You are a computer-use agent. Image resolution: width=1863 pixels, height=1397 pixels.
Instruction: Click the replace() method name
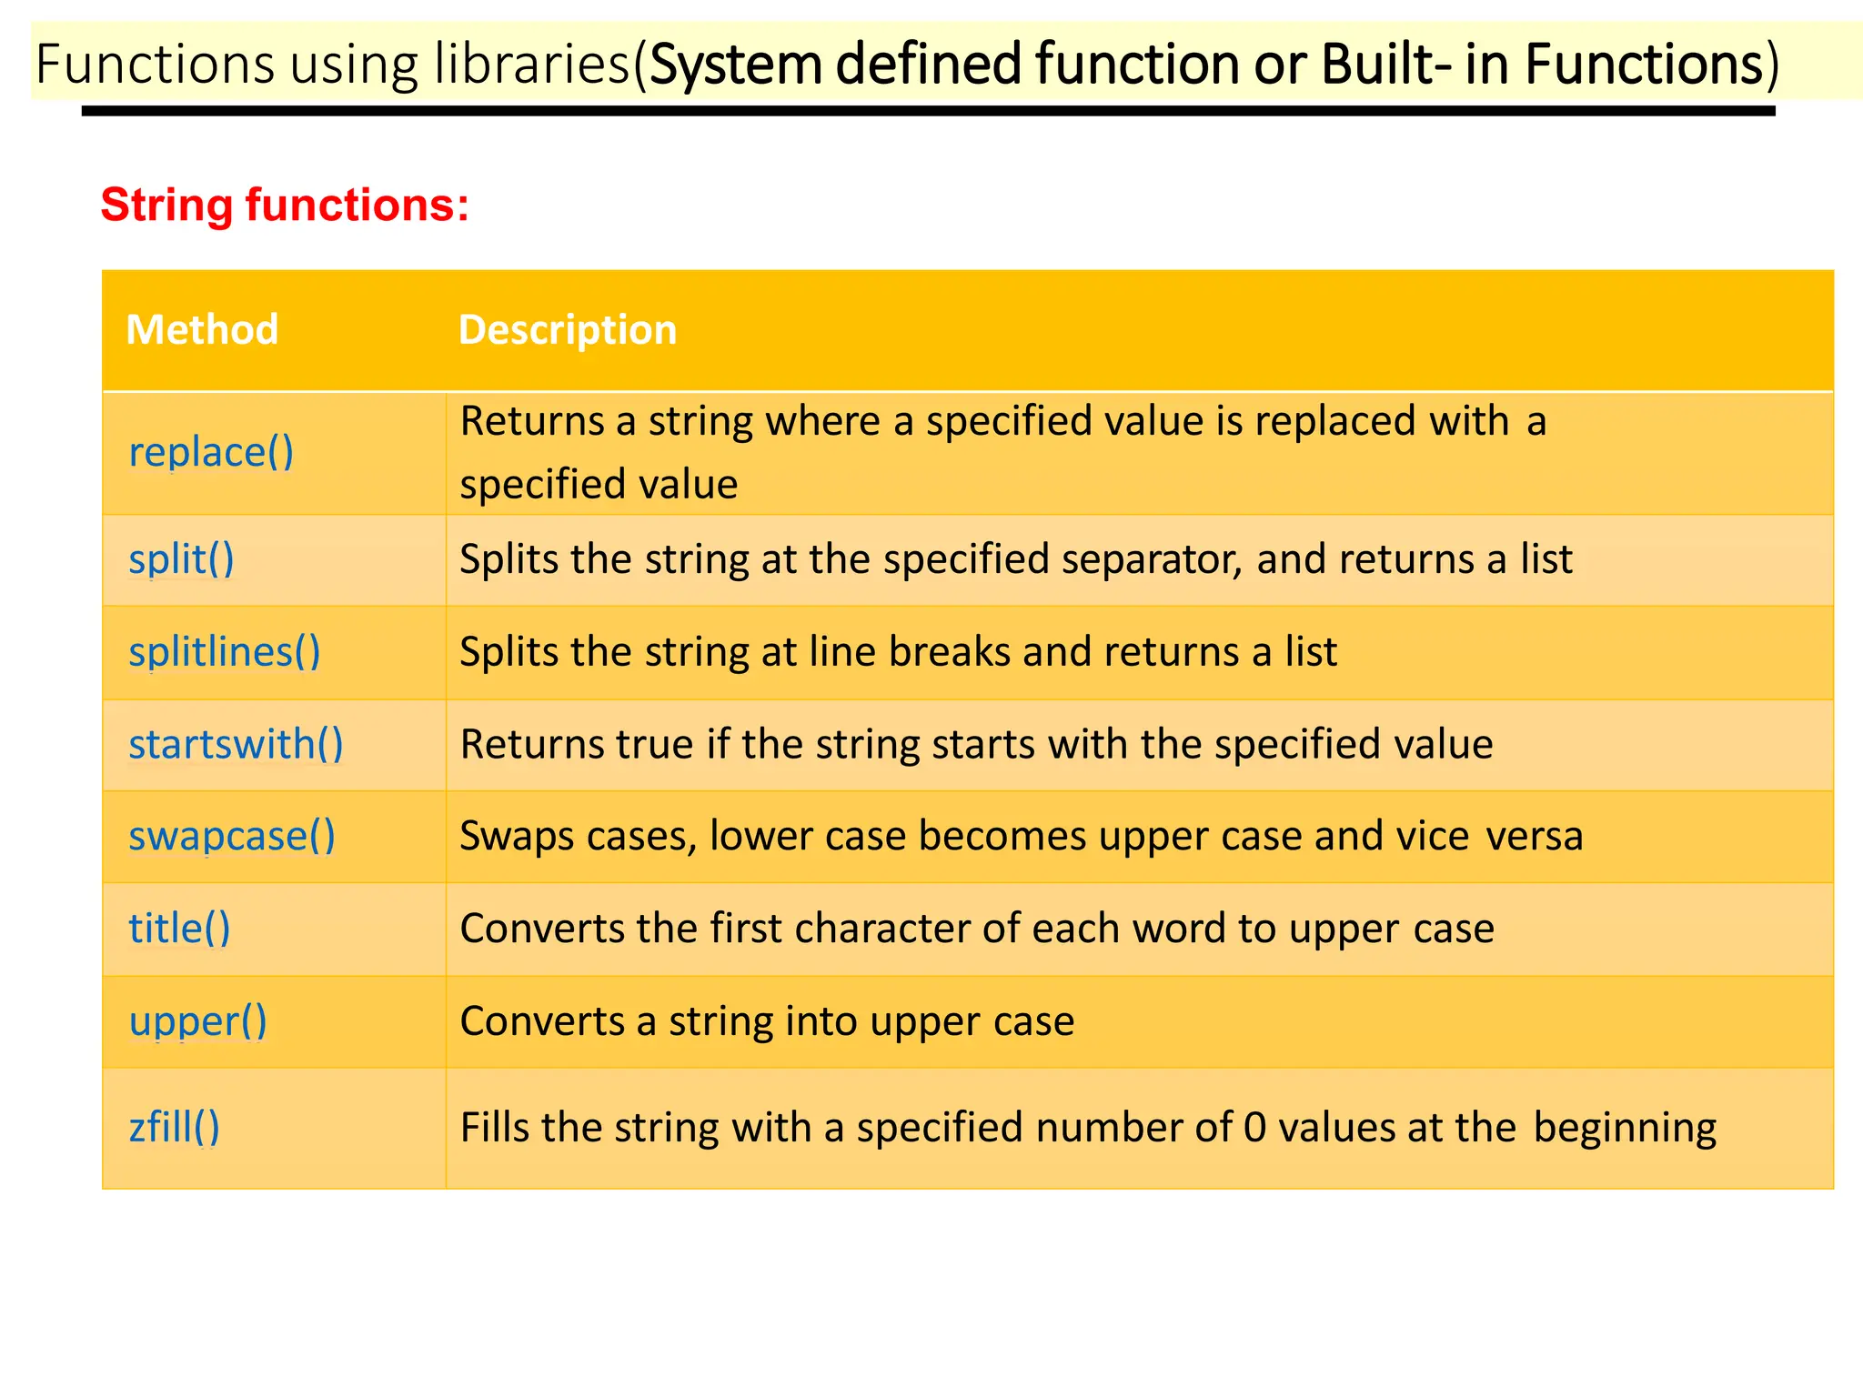coord(211,452)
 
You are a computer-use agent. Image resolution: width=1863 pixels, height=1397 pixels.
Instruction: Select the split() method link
coord(181,558)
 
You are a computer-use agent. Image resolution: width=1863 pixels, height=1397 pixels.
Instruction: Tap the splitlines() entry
coord(225,651)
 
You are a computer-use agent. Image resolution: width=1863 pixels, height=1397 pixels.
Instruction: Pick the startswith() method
coord(236,744)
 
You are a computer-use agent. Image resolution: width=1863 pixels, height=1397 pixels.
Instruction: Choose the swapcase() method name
coord(232,836)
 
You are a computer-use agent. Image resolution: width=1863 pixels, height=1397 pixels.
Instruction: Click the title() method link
coord(179,929)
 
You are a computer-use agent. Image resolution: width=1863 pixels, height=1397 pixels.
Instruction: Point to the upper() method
coord(197,1021)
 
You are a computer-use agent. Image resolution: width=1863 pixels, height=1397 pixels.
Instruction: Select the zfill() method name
coord(174,1127)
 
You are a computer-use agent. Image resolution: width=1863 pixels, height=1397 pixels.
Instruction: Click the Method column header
coord(202,329)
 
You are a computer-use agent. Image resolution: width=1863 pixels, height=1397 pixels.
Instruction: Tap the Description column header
coord(568,329)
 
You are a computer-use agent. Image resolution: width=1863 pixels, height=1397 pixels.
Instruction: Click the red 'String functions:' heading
coord(285,205)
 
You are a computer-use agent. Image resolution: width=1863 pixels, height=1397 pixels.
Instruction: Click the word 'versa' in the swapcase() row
coord(1535,836)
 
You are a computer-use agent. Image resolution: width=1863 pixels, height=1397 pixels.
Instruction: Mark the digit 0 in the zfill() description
coord(1254,1127)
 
